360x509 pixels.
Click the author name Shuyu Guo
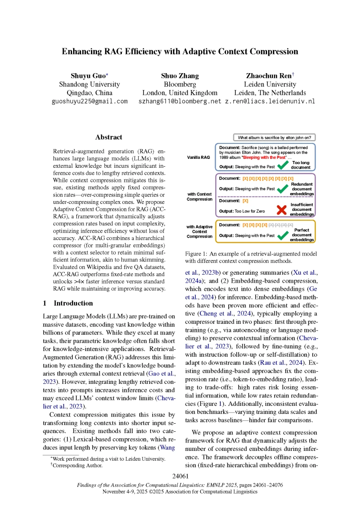89,75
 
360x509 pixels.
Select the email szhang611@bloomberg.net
180,101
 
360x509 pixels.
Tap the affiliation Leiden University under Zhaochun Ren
270,84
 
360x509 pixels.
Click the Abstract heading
109,137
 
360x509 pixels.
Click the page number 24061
180,477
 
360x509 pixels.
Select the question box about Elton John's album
275,137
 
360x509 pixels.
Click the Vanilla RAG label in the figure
198,158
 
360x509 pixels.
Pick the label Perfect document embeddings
301,235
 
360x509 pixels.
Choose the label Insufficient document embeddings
301,209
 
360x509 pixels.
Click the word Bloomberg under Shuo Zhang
180,84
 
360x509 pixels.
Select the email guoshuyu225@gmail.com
89,101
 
